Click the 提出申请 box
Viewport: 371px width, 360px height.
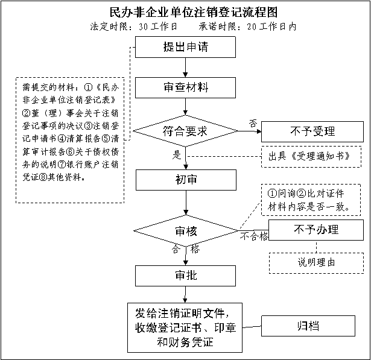(x=185, y=47)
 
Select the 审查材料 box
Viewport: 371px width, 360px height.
(x=185, y=87)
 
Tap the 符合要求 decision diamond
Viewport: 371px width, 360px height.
(x=185, y=130)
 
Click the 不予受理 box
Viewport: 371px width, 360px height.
(x=312, y=131)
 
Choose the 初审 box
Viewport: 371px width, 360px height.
(x=185, y=180)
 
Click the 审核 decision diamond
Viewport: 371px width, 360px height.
(x=185, y=230)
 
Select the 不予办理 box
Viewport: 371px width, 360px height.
(x=316, y=230)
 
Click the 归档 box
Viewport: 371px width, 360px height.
(x=308, y=326)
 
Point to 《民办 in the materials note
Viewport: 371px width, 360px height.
(x=109, y=87)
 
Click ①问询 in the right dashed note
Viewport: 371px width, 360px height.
(x=282, y=194)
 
